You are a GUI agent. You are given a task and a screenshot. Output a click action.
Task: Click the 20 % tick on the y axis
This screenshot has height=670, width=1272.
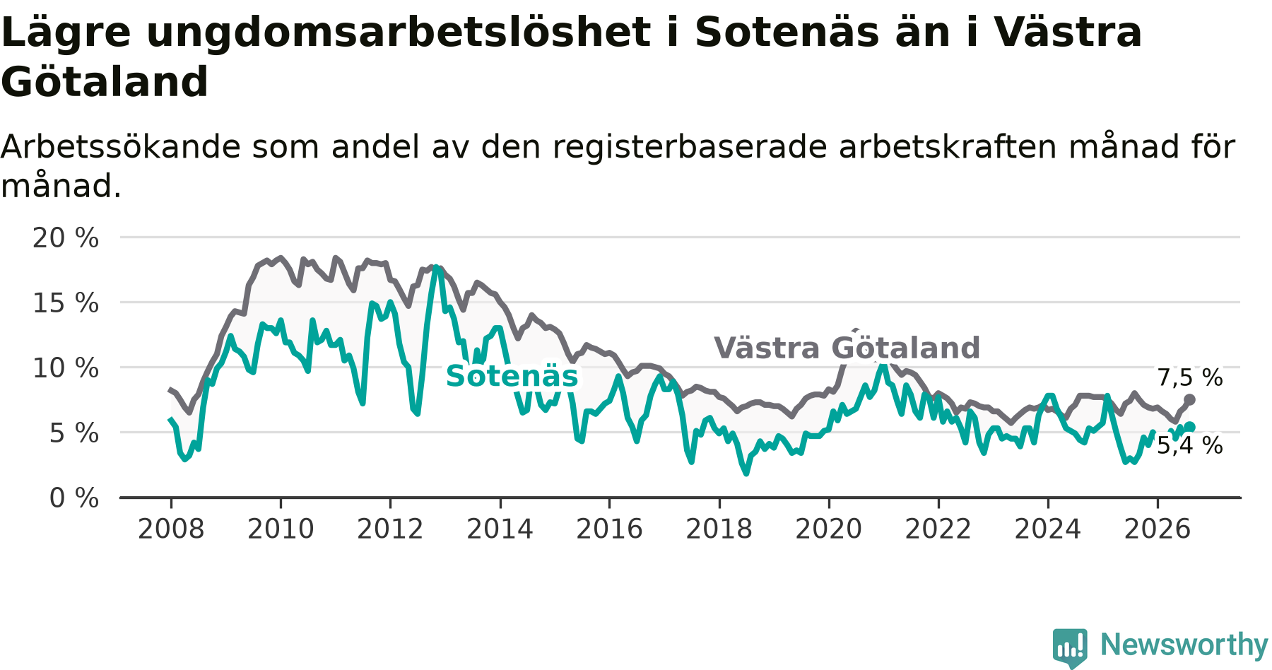[66, 238]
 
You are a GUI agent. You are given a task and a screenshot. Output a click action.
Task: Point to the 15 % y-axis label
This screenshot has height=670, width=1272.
[66, 303]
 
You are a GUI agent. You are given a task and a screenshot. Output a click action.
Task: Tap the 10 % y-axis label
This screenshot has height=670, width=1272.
[66, 368]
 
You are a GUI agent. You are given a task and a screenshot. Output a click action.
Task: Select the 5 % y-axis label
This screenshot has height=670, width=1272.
[74, 433]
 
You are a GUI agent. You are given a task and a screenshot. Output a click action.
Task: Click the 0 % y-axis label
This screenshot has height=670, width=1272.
[74, 498]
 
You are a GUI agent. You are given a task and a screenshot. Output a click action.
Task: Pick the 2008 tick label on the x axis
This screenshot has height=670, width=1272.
[171, 529]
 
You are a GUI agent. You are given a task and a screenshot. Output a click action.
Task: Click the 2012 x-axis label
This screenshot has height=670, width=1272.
[390, 529]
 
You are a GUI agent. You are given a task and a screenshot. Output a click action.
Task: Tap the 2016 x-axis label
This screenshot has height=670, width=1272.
[610, 529]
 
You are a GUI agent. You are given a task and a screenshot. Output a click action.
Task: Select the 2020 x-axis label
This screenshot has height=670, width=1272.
[829, 529]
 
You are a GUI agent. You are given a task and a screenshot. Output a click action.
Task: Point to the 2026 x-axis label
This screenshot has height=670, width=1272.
[1158, 529]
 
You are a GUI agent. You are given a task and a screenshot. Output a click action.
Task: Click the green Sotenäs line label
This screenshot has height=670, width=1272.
[512, 376]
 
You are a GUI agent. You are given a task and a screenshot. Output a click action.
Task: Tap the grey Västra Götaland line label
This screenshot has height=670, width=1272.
[847, 348]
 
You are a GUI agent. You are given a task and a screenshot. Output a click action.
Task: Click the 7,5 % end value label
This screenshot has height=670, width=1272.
[1190, 378]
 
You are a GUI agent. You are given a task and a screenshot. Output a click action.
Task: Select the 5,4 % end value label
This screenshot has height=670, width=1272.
[1190, 445]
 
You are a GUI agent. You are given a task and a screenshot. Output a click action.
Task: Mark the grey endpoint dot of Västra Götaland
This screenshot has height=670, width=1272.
[1189, 400]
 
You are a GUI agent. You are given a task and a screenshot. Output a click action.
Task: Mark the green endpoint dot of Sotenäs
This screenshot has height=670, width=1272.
[1190, 426]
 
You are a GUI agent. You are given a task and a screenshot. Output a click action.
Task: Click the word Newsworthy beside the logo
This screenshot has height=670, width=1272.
[1184, 645]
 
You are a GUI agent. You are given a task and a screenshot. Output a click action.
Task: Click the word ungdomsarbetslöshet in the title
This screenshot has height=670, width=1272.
[398, 33]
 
